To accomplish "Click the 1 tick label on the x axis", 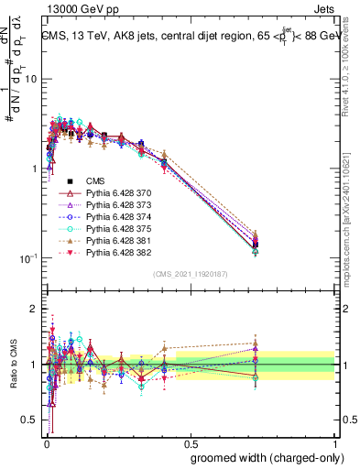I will point(334,441).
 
